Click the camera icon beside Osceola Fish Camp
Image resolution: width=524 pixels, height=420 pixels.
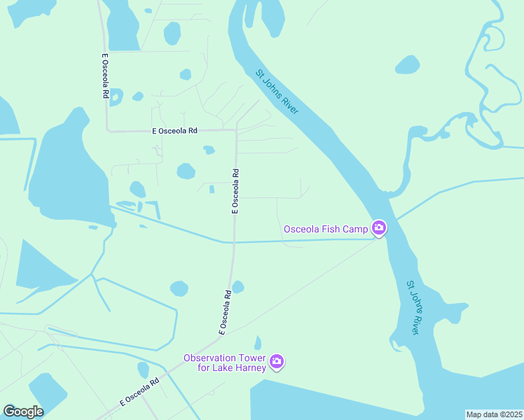tap(379, 227)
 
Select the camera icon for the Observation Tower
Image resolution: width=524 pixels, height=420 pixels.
tap(277, 361)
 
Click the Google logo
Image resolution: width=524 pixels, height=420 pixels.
tap(23, 411)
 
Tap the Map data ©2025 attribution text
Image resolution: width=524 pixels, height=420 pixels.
tap(494, 414)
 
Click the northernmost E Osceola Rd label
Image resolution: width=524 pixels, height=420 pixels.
tap(104, 76)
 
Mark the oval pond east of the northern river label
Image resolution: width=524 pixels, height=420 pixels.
tap(407, 65)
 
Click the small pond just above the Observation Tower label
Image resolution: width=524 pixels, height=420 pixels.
tap(258, 343)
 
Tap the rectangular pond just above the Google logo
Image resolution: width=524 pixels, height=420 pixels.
tap(47, 389)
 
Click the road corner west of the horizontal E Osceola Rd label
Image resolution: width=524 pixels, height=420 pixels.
tap(107, 130)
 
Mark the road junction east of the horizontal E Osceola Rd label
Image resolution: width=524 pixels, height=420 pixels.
tap(236, 130)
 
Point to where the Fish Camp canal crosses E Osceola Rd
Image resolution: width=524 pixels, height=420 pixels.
tap(233, 242)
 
